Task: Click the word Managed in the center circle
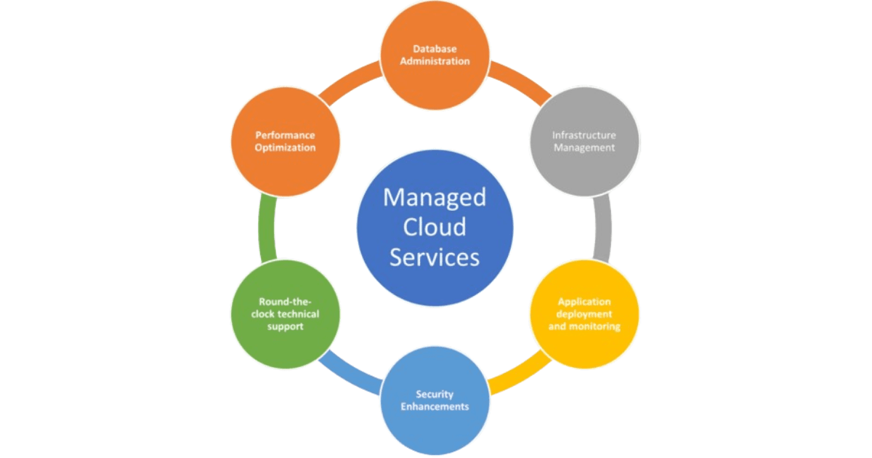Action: coord(435,197)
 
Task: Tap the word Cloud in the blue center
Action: coord(435,227)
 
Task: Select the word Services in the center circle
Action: coord(435,257)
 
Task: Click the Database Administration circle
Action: coord(436,56)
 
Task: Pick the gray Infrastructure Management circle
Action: coord(584,142)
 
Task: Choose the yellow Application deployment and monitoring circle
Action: coord(584,315)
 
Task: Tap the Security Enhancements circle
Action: coord(435,401)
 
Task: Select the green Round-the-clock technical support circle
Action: coord(285,315)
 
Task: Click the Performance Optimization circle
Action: coord(285,142)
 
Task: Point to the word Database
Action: coord(436,49)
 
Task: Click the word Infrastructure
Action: coord(584,135)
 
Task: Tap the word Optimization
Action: coord(286,148)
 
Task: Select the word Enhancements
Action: coord(435,406)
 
